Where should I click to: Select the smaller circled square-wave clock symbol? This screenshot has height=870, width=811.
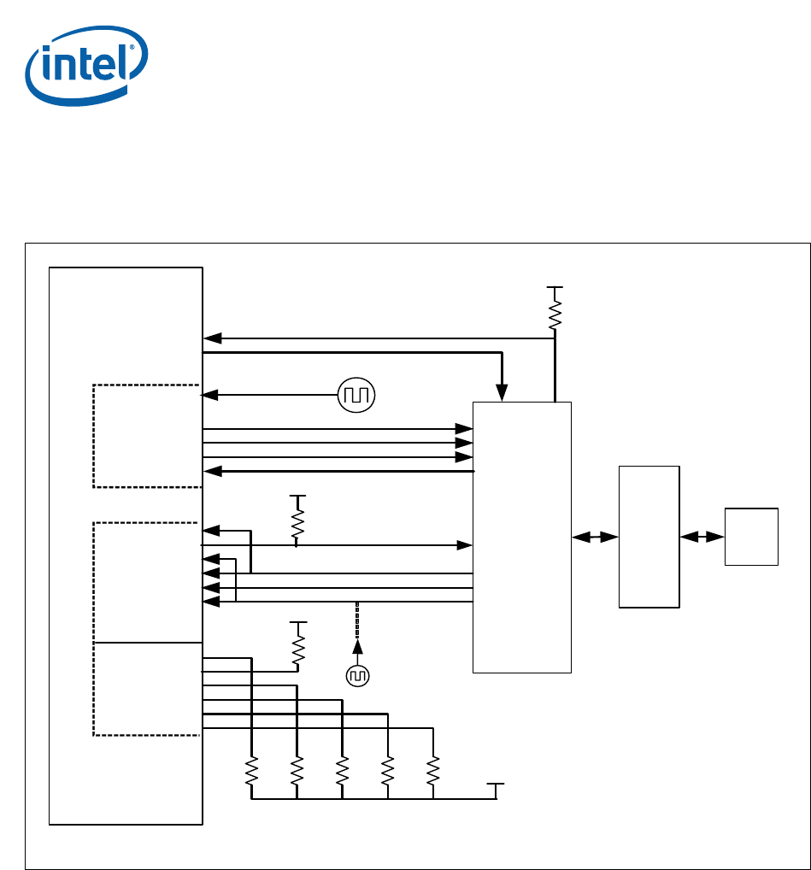357,676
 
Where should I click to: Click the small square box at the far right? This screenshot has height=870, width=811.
751,537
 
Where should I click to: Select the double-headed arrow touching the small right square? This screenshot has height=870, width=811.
702,538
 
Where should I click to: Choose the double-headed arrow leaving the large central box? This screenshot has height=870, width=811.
595,538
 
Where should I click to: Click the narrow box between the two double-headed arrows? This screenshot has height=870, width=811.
649,537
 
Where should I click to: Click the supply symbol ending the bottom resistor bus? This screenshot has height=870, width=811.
496,785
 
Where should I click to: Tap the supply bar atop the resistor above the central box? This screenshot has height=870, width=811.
555,289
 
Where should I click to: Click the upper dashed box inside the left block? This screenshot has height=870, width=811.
146,436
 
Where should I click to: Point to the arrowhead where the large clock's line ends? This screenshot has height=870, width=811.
209,395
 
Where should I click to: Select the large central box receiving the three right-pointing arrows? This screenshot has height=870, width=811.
521,537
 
